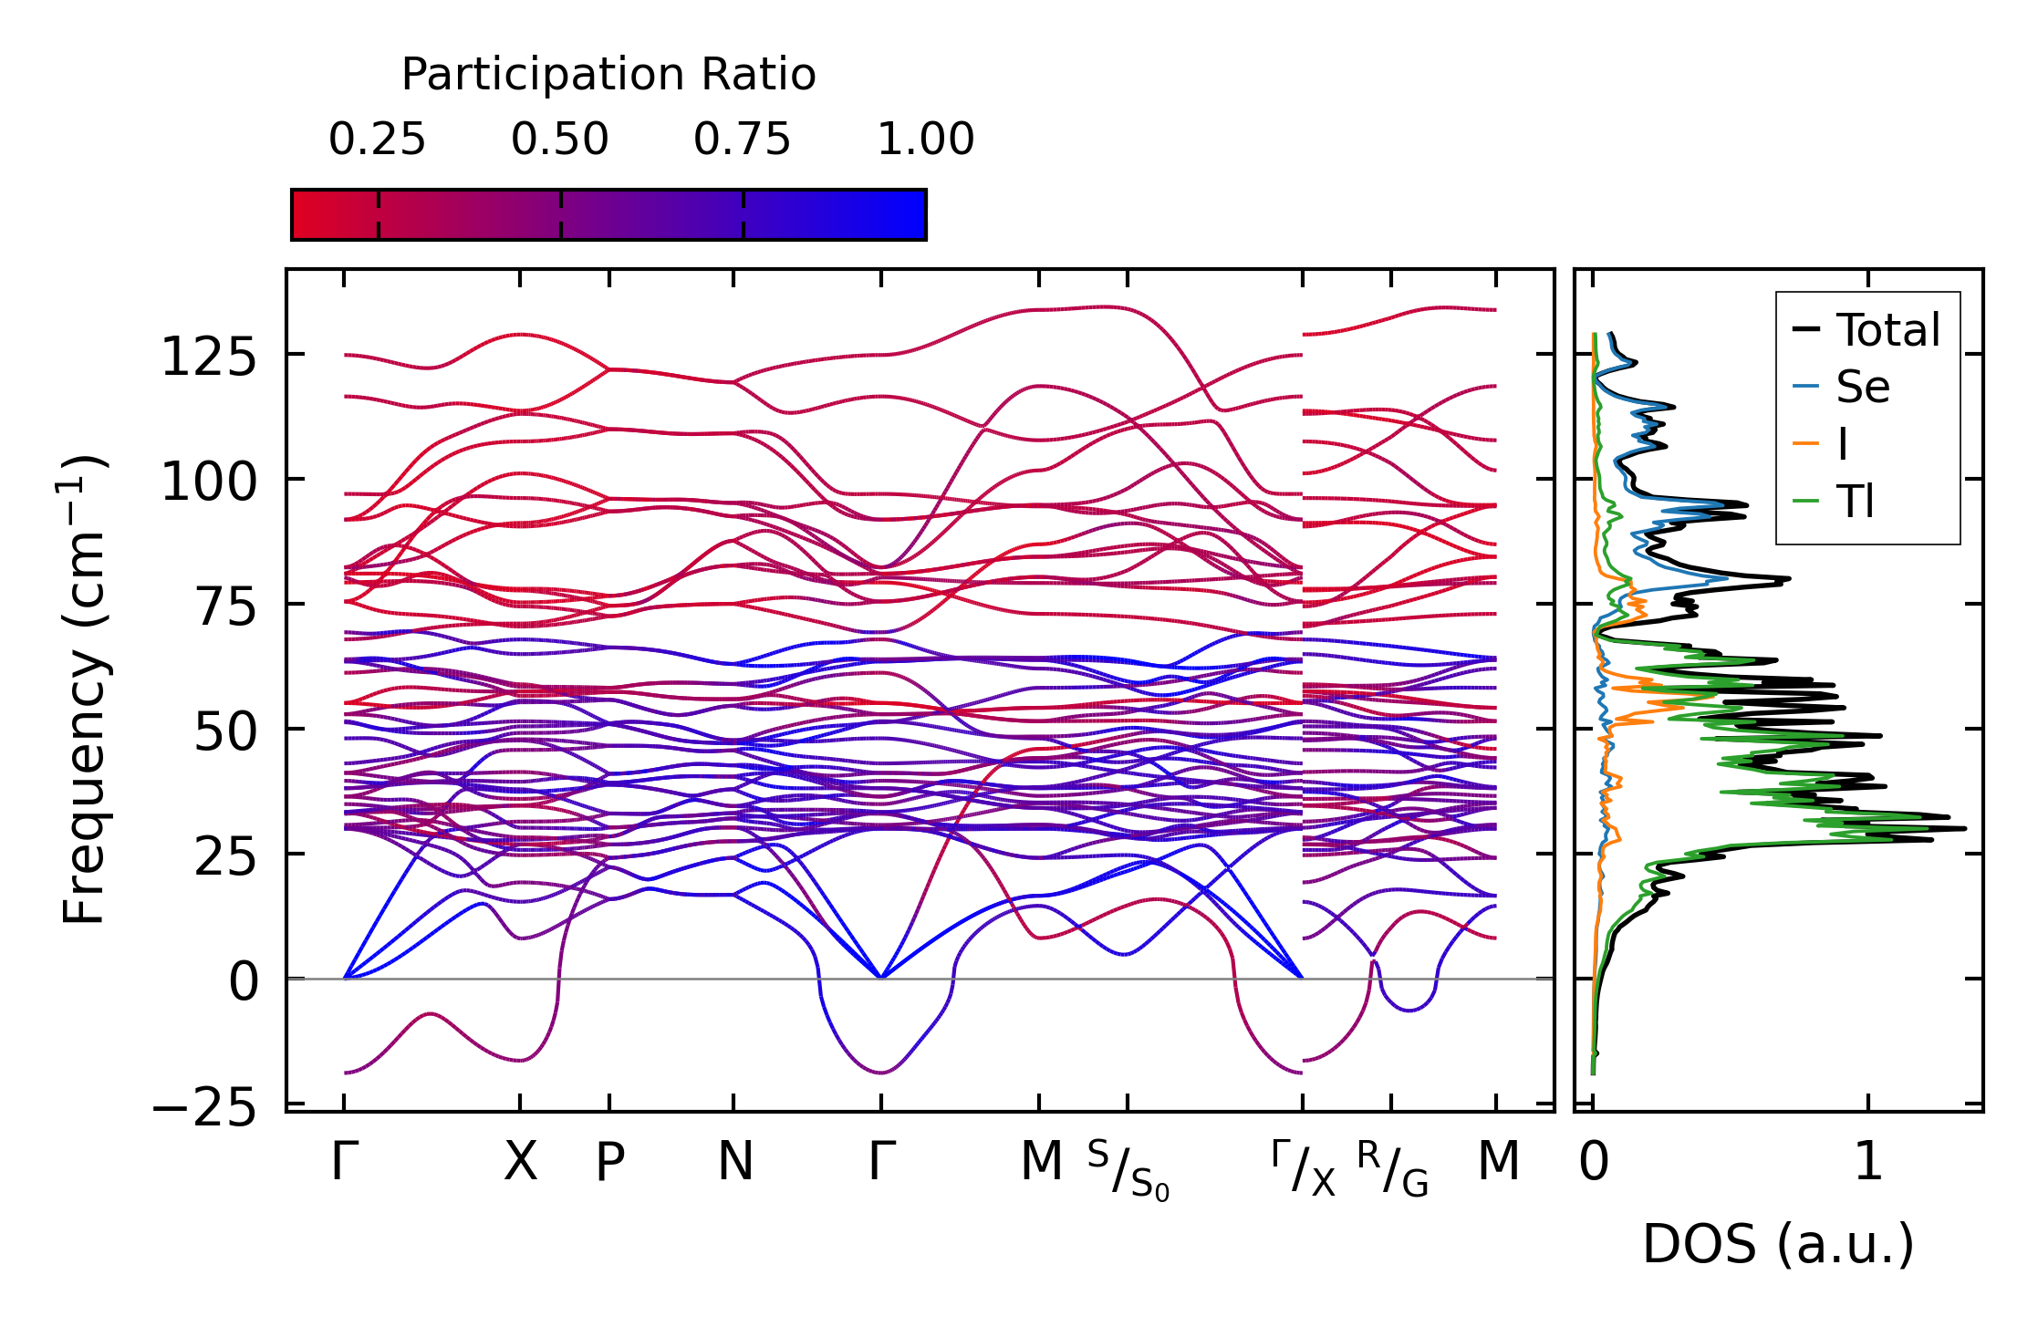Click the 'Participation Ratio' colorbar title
[x=608, y=75]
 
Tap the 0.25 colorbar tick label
[x=377, y=140]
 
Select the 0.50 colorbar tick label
[x=559, y=140]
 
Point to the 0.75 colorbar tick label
[x=742, y=140]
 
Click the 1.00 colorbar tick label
[x=925, y=140]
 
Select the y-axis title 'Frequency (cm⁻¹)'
[x=84, y=689]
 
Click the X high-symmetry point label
[x=520, y=1163]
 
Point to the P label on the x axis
[x=609, y=1163]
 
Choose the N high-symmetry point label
[x=735, y=1163]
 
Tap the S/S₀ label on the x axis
[x=1128, y=1170]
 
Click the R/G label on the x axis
[x=1392, y=1168]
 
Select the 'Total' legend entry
[x=1887, y=330]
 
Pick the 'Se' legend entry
[x=1862, y=388]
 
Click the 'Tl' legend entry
[x=1855, y=502]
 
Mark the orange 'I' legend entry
[x=1843, y=445]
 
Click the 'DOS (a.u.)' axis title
[x=1778, y=1244]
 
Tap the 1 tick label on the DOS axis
[x=1868, y=1163]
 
